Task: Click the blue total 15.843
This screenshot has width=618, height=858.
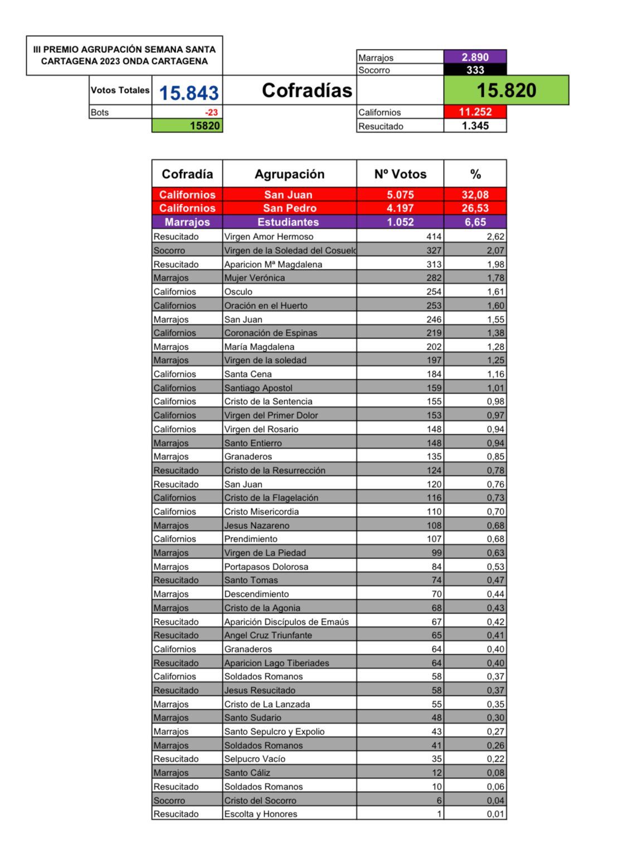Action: tap(188, 92)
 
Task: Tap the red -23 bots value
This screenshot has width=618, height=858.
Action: tap(211, 112)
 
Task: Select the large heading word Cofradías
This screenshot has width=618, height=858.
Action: tap(306, 91)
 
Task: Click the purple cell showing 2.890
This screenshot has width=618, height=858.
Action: tap(475, 57)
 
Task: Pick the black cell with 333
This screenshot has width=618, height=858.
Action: tap(475, 70)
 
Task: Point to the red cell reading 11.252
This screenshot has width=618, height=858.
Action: tap(475, 112)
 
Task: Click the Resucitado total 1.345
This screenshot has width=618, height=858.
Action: tap(475, 126)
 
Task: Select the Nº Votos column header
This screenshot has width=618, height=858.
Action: tap(400, 174)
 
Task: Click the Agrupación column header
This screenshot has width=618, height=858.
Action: tap(289, 174)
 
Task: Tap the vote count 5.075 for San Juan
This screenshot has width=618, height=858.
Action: tap(400, 195)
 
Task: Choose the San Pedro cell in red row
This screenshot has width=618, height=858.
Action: tap(289, 208)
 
